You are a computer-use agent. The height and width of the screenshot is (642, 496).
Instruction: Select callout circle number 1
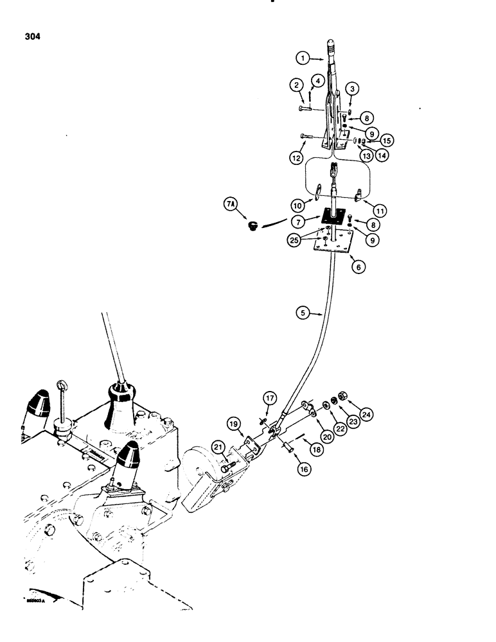click(303, 58)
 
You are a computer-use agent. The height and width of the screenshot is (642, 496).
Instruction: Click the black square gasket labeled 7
click(330, 217)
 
